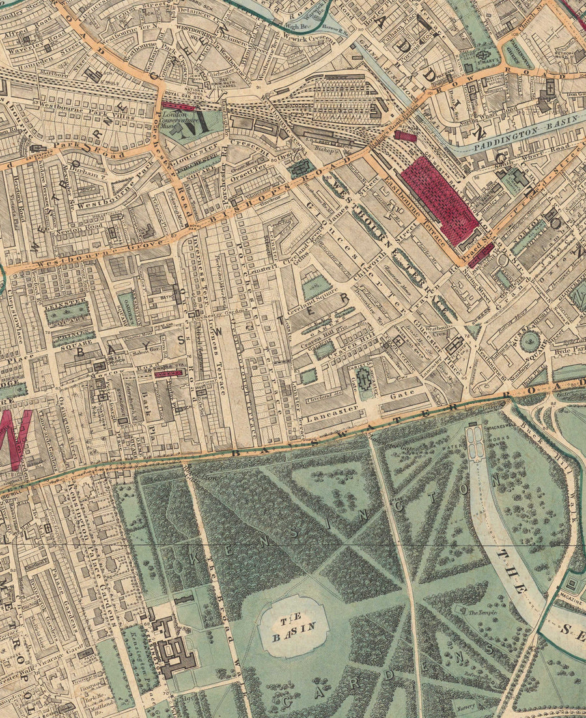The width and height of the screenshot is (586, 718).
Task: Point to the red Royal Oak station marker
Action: (x=178, y=106)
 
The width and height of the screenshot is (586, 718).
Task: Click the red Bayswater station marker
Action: (x=168, y=374)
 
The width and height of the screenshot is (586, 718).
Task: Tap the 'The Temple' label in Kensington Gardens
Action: (x=482, y=612)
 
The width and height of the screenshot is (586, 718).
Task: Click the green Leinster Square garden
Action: (x=66, y=313)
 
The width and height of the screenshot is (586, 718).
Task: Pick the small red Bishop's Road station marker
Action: (x=405, y=135)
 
